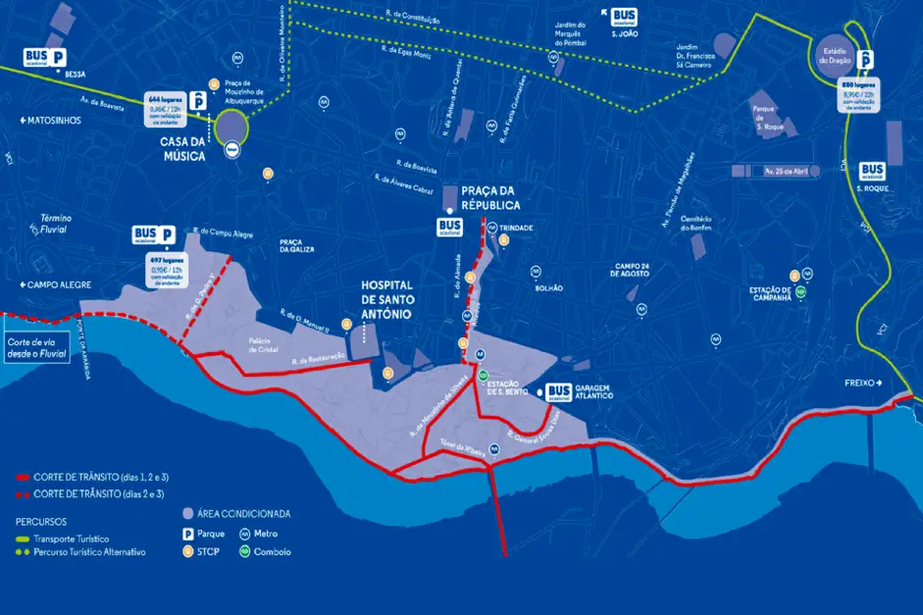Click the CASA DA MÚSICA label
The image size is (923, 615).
(186, 149)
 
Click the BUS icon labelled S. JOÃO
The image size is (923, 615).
(623, 17)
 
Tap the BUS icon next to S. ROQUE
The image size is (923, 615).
(871, 172)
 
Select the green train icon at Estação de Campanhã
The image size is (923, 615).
(800, 291)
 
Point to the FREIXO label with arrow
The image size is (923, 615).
(864, 383)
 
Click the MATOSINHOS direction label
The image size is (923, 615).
(49, 121)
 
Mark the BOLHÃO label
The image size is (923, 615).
(548, 287)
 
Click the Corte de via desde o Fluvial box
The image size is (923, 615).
(36, 347)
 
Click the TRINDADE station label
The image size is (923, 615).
(516, 227)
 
